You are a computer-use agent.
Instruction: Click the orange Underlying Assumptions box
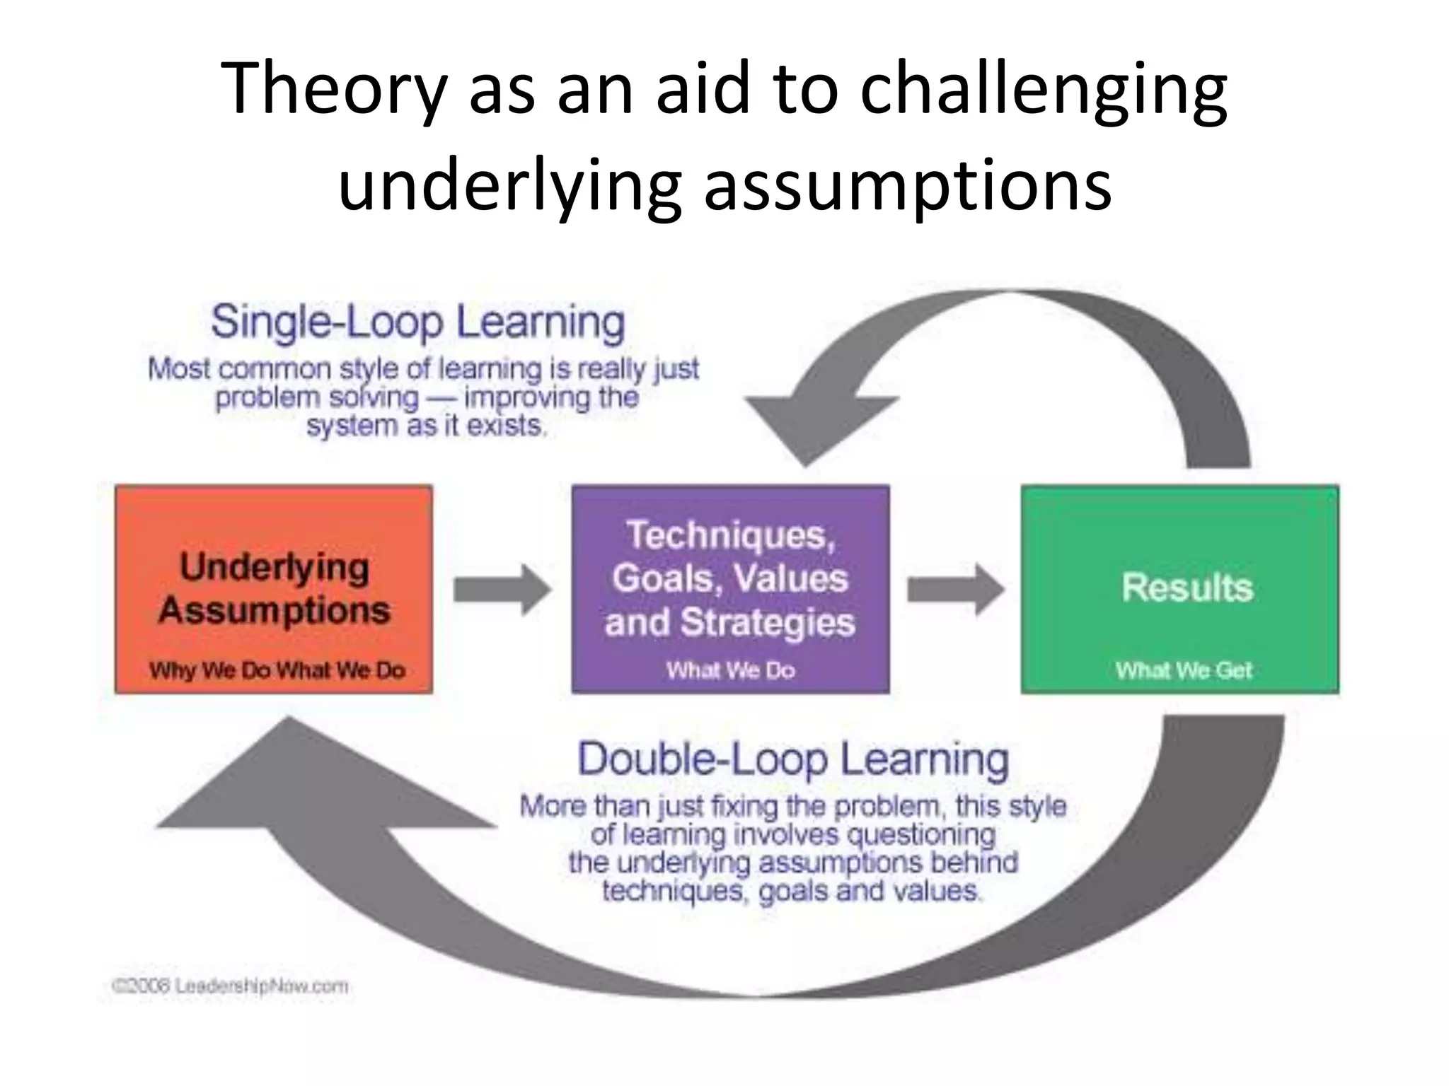273,588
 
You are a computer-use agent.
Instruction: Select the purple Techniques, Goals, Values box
730,588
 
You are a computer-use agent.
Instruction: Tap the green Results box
1179,588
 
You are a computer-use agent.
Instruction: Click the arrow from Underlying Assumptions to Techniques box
502,588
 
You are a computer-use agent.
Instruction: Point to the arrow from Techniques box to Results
955,588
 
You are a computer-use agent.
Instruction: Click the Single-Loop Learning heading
417,322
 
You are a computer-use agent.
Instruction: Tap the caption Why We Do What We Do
277,670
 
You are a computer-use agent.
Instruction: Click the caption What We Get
1184,670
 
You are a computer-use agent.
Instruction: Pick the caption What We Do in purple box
730,670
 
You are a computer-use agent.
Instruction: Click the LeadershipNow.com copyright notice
230,986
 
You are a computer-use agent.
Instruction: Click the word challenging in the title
1043,88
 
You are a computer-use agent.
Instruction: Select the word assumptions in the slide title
907,185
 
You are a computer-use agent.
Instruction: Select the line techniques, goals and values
791,891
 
